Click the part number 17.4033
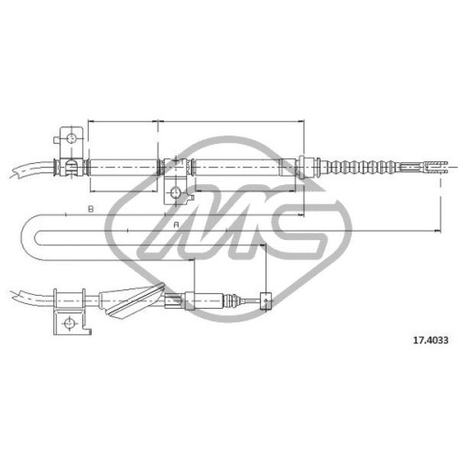[x=431, y=340]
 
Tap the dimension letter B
[x=91, y=209]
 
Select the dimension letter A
[x=176, y=225]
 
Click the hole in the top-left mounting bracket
[x=71, y=138]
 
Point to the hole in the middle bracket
[x=176, y=192]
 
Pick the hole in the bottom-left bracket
[x=69, y=322]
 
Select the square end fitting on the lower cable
[x=266, y=301]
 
